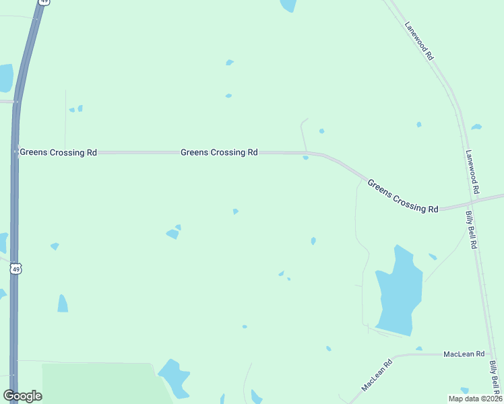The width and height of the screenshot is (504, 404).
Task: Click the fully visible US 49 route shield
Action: click(x=16, y=269)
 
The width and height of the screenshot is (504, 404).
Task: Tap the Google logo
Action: click(x=22, y=396)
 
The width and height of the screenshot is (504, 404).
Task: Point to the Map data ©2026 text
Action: click(x=475, y=399)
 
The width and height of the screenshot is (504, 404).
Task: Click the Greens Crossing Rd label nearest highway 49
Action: click(x=58, y=153)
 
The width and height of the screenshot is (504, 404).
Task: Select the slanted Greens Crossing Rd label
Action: click(x=403, y=196)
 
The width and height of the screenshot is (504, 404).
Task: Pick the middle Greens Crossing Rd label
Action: click(x=219, y=153)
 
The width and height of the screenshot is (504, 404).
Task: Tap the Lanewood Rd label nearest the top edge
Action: click(x=418, y=42)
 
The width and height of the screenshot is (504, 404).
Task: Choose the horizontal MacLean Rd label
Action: click(x=464, y=354)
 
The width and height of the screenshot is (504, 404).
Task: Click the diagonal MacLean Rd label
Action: click(x=377, y=376)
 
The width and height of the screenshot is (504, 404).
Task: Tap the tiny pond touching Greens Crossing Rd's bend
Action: click(x=306, y=158)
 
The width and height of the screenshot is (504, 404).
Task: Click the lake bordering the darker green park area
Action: click(x=175, y=377)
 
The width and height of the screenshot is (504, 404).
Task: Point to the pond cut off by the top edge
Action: click(x=288, y=5)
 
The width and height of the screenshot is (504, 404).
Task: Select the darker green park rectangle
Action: click(x=101, y=384)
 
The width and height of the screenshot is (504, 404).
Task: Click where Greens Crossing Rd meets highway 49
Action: click(x=15, y=152)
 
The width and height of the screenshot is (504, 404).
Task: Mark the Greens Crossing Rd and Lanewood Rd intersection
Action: click(x=469, y=205)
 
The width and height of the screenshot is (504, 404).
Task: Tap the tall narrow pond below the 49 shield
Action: click(x=63, y=304)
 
